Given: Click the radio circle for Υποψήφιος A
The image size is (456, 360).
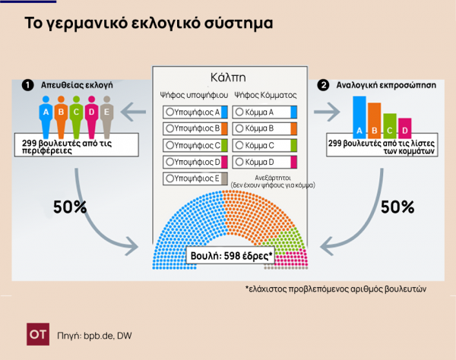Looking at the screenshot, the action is pos(169,112).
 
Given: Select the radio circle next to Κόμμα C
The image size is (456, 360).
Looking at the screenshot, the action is pos(239,145).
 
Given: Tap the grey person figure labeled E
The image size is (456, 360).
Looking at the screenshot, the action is pos(106,117).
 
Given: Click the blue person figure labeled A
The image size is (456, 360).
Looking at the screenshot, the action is pos(46,117).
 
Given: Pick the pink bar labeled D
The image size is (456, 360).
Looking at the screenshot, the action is pos(405,128).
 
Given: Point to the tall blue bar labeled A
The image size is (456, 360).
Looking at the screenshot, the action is pos(359,118).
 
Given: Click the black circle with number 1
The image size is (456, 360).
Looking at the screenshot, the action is pos(27,85).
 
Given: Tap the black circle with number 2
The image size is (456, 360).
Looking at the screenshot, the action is pos(324,85).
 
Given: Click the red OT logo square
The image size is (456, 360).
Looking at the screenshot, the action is pos(38,334).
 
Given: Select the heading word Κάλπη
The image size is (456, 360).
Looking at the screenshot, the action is pos(228,77).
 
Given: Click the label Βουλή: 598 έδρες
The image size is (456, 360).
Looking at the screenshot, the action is pos(230,256).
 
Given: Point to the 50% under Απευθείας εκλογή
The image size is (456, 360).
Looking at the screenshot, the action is pos(70,207).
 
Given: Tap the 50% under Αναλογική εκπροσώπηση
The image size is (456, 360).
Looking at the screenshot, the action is pos(397,207).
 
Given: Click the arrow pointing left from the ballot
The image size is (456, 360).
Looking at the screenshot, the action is pos(133,112).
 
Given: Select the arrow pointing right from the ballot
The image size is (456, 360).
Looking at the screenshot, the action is pos(327,112).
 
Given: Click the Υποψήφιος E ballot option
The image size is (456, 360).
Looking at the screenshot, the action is pos(195,178).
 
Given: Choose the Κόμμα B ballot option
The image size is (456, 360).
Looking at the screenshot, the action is pos(264,128).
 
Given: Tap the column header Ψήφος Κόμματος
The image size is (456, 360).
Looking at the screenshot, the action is pos(265,95).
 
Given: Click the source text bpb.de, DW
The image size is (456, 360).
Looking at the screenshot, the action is pos(108,336).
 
